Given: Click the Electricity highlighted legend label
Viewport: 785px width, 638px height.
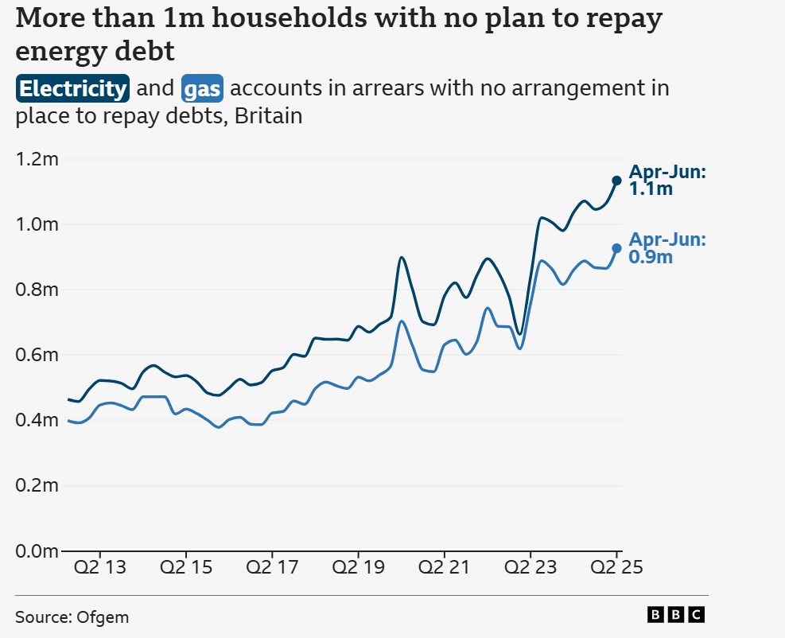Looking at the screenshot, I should pos(72,88).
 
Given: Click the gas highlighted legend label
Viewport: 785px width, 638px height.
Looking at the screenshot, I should pos(202,88).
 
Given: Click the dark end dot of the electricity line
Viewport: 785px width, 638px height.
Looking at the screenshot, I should pos(616,181).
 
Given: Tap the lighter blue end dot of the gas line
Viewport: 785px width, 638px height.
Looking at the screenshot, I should pos(616,248).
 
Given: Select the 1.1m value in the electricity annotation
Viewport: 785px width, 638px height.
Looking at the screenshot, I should pos(651,189).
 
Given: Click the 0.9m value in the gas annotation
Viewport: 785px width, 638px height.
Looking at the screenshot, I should pos(651,257).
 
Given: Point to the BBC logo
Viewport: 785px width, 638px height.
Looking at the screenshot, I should pos(675,614).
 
